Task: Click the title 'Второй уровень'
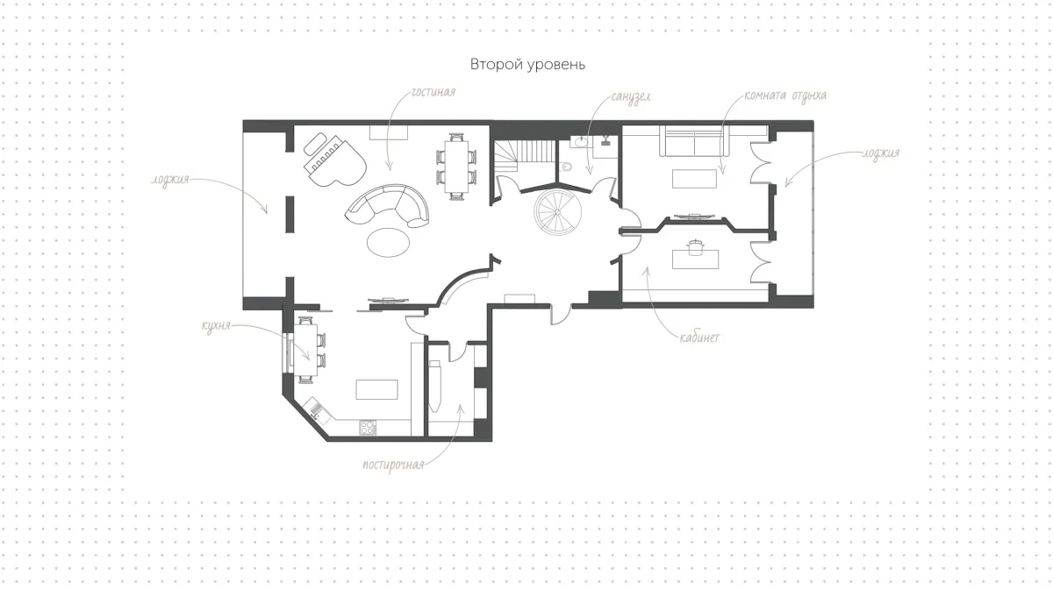[527, 64]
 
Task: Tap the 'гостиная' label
[433, 92]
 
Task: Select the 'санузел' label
[631, 97]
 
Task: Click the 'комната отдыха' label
[785, 96]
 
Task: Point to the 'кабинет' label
[699, 338]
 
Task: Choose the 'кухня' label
[216, 325]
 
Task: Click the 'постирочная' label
[393, 465]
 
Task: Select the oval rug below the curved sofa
[388, 242]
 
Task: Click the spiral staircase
[557, 212]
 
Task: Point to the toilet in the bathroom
[565, 166]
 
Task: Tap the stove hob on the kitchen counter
[368, 428]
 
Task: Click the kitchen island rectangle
[376, 389]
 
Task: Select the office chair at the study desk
[694, 247]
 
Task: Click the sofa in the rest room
[694, 141]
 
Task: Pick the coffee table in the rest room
[694, 179]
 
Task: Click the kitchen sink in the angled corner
[316, 409]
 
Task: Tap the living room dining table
[456, 167]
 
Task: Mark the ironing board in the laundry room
[435, 385]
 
